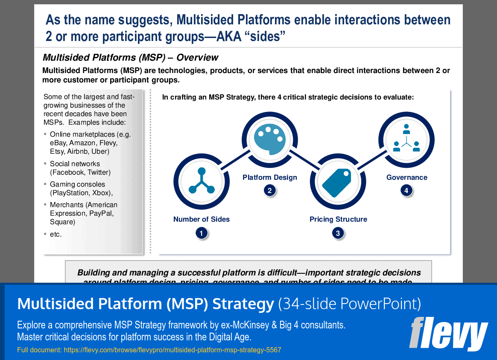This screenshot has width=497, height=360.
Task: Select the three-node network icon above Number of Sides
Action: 201,181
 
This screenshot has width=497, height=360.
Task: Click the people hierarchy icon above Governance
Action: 406,138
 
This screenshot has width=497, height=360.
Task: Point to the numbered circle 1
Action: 201,233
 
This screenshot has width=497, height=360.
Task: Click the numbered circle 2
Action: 269,191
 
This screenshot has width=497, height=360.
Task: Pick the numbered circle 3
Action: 338,233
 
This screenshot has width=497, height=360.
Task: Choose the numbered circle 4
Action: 406,191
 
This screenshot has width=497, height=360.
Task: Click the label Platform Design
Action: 270,177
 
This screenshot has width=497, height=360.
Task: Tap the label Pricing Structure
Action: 338,219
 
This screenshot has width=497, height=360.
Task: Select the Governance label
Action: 406,177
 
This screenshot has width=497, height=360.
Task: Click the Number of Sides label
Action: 202,219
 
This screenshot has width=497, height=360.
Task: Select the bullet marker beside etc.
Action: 45,234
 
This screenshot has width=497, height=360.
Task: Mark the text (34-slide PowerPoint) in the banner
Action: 349,304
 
